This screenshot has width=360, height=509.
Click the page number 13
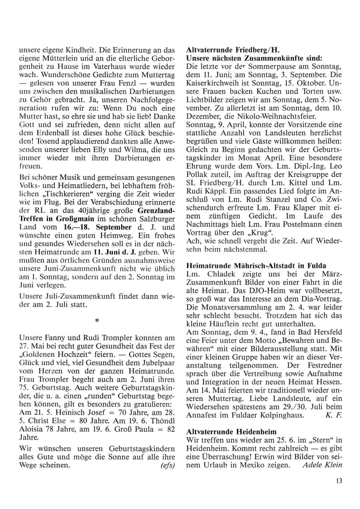click(337, 480)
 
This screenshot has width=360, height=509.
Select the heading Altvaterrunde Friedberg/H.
click(233, 50)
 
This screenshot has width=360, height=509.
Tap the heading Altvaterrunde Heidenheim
click(231, 432)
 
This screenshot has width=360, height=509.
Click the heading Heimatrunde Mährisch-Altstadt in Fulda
click(257, 265)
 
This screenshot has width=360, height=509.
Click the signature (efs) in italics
click(167, 465)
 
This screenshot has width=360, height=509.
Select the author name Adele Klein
click(323, 465)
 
